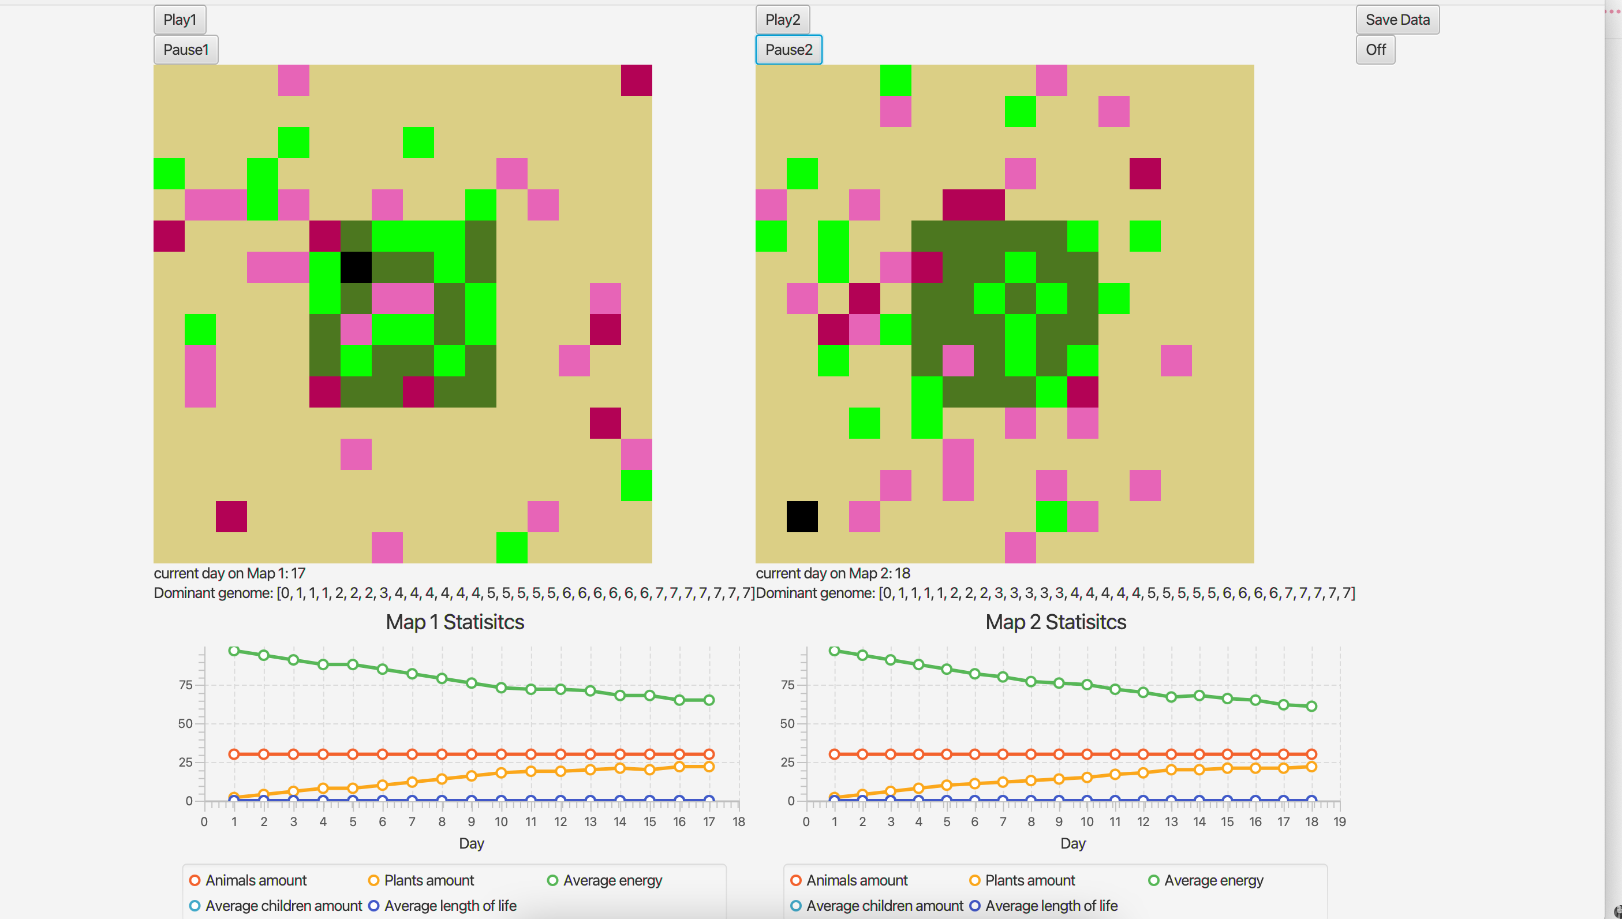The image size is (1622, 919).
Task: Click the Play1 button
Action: coord(180,20)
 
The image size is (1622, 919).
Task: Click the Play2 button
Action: coord(782,20)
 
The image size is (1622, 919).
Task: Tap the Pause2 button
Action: coord(788,49)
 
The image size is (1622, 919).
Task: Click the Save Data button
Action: coord(1397,20)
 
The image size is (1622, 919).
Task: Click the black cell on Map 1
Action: coord(356,267)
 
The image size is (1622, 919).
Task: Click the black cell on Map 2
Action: coord(802,516)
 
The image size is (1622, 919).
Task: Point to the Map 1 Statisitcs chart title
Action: coord(454,622)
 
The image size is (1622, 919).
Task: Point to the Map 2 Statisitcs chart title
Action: coord(1055,622)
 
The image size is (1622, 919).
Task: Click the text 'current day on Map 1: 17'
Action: coord(230,573)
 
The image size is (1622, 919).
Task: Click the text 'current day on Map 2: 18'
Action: coord(833,573)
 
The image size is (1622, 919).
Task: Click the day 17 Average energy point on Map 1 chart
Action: coord(709,700)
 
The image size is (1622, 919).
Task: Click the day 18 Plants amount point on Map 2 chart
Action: coord(1311,767)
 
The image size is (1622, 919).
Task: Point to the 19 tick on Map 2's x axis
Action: coord(1339,822)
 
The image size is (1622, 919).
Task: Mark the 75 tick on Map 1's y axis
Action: coord(185,685)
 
